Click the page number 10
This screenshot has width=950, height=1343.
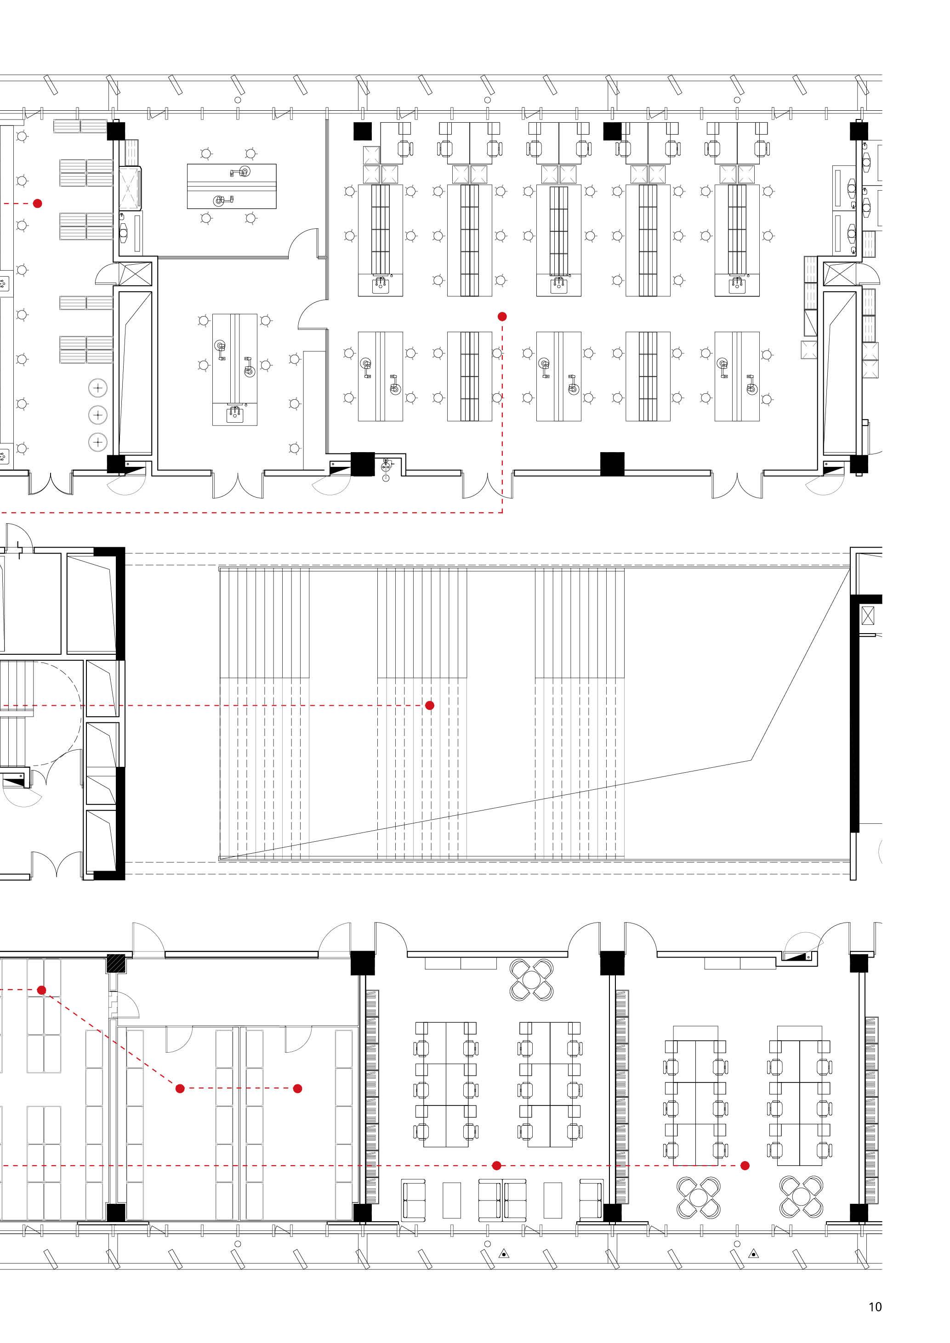[875, 1307]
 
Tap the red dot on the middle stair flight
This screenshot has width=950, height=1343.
[429, 705]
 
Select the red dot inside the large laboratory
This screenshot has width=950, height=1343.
[502, 317]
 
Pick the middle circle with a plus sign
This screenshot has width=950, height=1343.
[98, 415]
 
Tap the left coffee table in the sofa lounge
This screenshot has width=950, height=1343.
[452, 1200]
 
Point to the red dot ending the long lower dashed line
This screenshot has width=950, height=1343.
[745, 1166]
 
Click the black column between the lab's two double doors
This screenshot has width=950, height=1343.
[612, 464]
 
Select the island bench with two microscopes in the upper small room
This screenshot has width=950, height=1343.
[232, 187]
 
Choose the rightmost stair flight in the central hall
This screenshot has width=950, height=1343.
[580, 714]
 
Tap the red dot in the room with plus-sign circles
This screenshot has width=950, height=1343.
[37, 204]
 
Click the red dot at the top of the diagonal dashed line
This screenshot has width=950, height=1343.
[41, 990]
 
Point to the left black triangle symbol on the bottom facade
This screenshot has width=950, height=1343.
[504, 1253]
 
